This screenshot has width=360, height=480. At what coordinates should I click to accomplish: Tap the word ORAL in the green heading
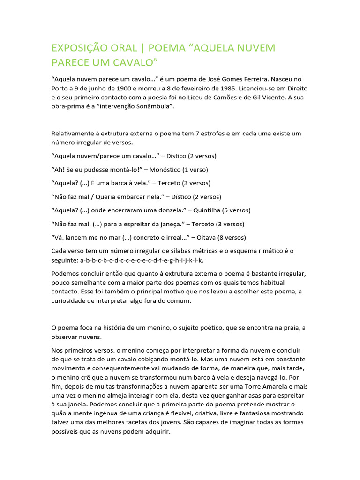tap(124, 48)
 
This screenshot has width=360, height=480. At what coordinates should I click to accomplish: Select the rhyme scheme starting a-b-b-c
tap(142, 260)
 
